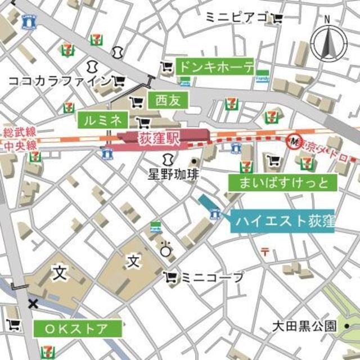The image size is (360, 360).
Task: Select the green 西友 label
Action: [167, 101]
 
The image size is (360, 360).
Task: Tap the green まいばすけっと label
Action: [283, 182]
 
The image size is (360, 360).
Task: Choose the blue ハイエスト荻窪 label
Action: [282, 220]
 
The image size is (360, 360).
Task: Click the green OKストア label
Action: [79, 328]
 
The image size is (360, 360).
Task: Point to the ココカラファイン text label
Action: [60, 82]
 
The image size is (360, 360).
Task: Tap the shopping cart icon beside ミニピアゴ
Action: [277, 19]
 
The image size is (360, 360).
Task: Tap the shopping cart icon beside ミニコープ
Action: [170, 277]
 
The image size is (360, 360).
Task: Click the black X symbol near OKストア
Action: [33, 304]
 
